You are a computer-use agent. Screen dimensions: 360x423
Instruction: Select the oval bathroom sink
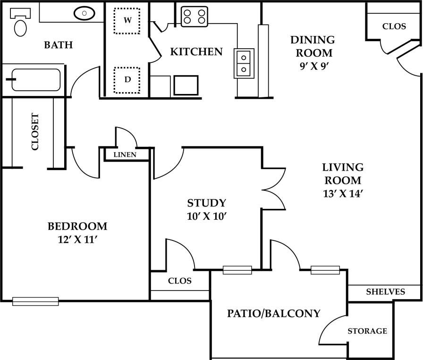[85, 14]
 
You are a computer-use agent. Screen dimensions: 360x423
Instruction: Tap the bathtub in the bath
[36, 80]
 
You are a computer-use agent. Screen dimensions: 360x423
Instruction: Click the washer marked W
[127, 20]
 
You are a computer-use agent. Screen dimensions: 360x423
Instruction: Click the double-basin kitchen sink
[244, 63]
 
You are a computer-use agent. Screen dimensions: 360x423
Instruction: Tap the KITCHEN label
[196, 51]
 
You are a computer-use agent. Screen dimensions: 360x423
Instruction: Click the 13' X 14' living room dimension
[343, 193]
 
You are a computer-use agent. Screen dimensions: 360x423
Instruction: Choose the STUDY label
[207, 203]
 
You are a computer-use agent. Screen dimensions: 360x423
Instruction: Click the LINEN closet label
[125, 154]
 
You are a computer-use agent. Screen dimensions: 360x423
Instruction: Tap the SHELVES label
[385, 292]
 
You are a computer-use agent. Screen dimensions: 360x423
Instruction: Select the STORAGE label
[367, 331]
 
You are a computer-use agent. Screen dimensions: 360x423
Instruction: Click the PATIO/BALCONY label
[274, 313]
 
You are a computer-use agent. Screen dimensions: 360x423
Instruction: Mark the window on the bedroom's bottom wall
[35, 301]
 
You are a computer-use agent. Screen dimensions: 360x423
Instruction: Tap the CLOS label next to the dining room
[394, 26]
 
